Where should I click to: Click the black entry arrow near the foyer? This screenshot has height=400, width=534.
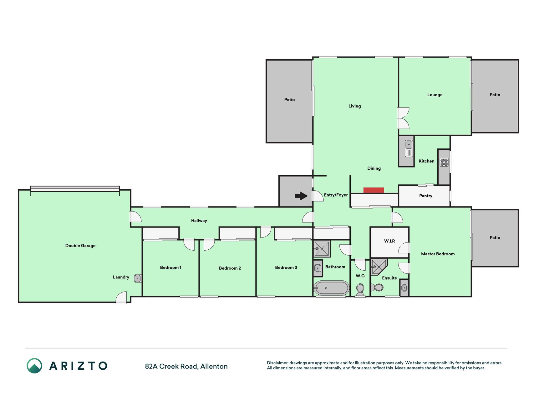(x=301, y=196)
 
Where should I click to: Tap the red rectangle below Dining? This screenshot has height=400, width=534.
(x=374, y=190)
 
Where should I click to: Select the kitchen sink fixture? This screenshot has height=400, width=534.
(x=409, y=148)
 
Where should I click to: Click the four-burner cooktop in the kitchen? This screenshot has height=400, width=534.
(x=444, y=162)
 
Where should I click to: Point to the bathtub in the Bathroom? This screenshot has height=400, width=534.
(x=332, y=288)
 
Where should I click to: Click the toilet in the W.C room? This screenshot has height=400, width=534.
(x=360, y=290)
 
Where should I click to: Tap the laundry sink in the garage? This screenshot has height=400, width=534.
(x=138, y=278)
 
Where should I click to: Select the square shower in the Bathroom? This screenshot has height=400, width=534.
(x=322, y=249)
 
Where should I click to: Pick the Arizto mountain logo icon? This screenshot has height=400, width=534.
(x=34, y=366)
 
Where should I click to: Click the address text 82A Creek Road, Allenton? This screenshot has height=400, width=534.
(x=186, y=366)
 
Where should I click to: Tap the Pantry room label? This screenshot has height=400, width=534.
(x=425, y=196)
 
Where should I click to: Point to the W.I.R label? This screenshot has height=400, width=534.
(x=389, y=241)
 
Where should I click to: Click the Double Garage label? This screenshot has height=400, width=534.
(x=80, y=246)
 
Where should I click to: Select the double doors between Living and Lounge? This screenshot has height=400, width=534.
(x=403, y=118)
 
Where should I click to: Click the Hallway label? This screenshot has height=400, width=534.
(x=199, y=221)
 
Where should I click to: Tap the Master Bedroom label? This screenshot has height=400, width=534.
(x=438, y=254)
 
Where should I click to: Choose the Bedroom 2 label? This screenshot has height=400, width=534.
(x=230, y=268)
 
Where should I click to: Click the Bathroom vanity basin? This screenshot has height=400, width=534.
(x=318, y=268)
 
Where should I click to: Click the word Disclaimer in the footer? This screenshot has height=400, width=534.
(x=277, y=363)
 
